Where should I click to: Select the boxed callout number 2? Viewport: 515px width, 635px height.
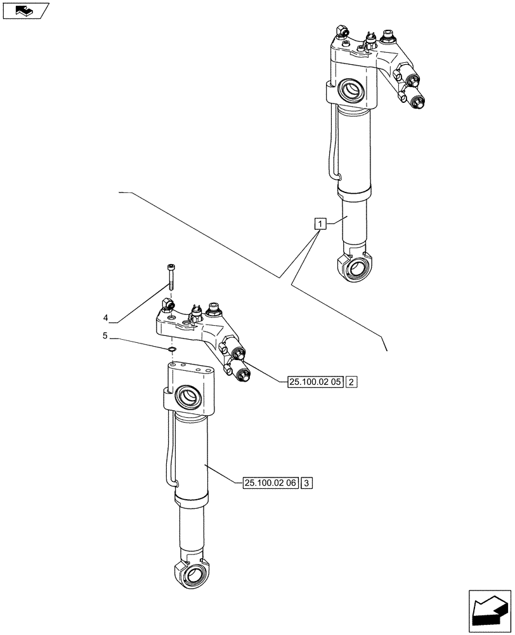tap(353, 382)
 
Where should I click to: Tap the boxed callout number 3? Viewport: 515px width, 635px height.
tap(307, 483)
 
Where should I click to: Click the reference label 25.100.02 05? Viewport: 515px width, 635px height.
tap(315, 382)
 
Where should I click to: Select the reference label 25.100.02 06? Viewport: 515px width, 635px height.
tap(270, 483)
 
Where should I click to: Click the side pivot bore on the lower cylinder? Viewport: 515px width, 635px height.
tap(188, 399)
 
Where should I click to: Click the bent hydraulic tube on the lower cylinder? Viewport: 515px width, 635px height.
tap(169, 451)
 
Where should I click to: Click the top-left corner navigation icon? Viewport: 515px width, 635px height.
tap(25, 10)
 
